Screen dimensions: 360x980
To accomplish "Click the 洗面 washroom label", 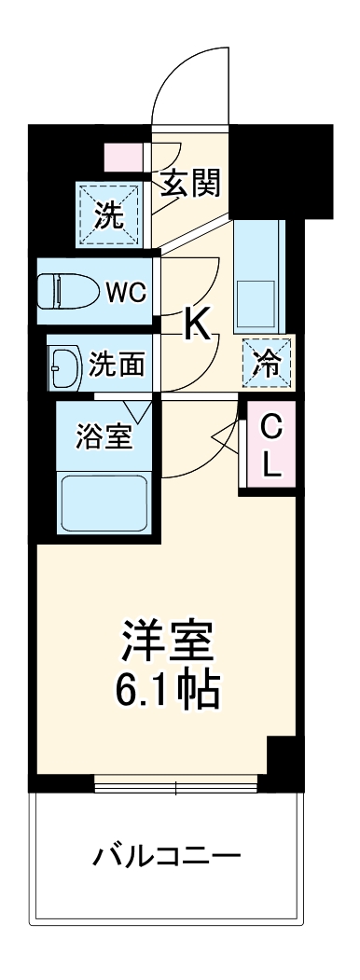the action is (117, 364).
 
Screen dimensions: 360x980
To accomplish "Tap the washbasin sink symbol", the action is (62, 363).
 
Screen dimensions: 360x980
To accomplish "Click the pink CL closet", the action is (270, 446).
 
